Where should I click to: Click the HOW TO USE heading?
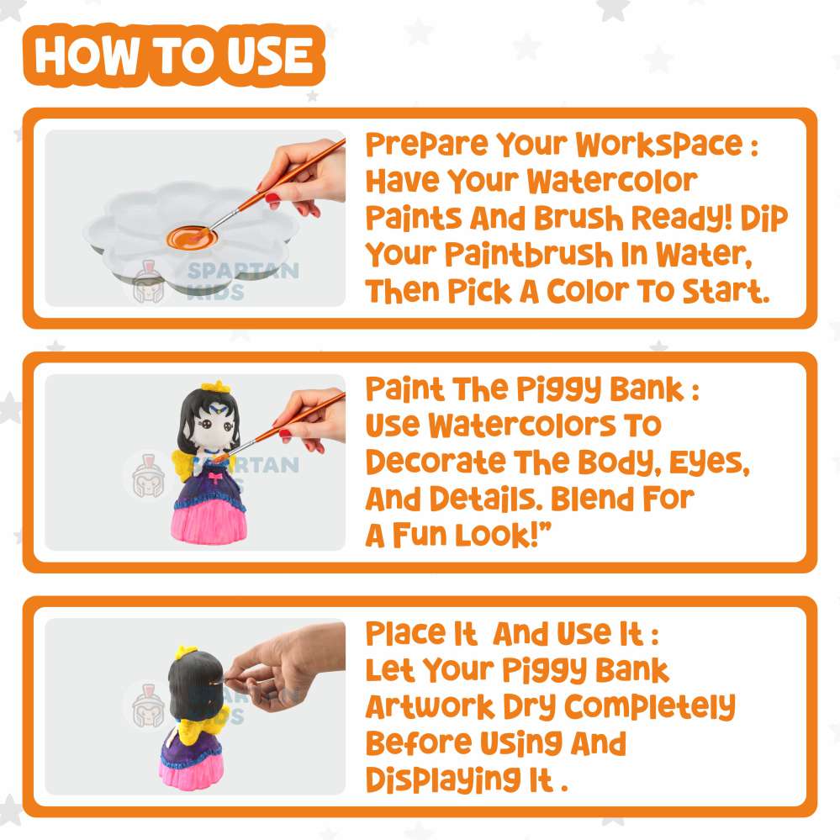(174, 55)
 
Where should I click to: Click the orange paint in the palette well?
(191, 236)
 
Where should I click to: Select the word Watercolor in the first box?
(612, 181)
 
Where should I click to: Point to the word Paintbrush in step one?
(529, 254)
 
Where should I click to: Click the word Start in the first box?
(726, 291)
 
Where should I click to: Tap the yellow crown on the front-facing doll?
(216, 386)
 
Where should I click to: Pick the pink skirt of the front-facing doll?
(209, 521)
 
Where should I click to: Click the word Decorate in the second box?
(436, 462)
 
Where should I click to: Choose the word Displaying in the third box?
(443, 780)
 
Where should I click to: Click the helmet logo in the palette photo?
(148, 283)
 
